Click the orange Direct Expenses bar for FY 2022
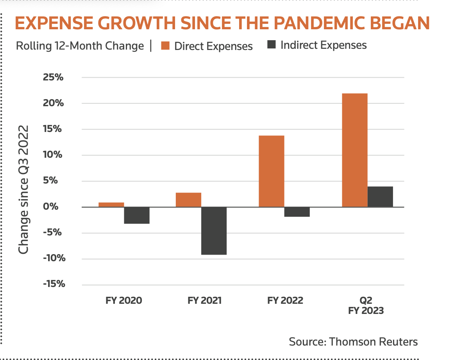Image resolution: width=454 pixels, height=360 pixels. point(272,171)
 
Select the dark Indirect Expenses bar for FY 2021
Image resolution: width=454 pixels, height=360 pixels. point(214,230)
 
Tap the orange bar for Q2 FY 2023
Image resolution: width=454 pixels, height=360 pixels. point(354,150)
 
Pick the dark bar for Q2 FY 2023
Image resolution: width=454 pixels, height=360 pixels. point(380,197)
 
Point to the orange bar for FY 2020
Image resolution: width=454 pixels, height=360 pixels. point(111,205)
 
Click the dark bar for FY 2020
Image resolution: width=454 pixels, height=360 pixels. point(137,215)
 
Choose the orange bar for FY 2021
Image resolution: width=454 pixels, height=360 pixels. point(188,200)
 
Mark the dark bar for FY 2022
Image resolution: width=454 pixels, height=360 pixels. point(297,212)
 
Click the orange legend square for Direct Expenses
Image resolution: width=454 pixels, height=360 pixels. point(165,46)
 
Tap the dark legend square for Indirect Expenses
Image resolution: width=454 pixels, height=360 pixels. point(272,45)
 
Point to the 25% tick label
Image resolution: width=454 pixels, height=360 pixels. point(53,77)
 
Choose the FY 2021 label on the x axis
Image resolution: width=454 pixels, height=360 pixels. point(204,301)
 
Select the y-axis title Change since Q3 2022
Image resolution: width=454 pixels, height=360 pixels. point(24,190)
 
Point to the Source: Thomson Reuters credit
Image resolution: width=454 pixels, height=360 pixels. point(353,342)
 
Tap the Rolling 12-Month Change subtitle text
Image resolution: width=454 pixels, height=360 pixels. point(80,46)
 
